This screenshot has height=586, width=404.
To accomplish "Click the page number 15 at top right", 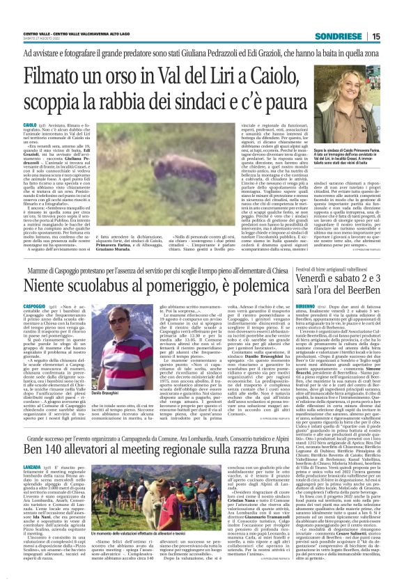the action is [395, 36].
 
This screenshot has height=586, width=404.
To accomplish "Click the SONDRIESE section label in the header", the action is [355, 36].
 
